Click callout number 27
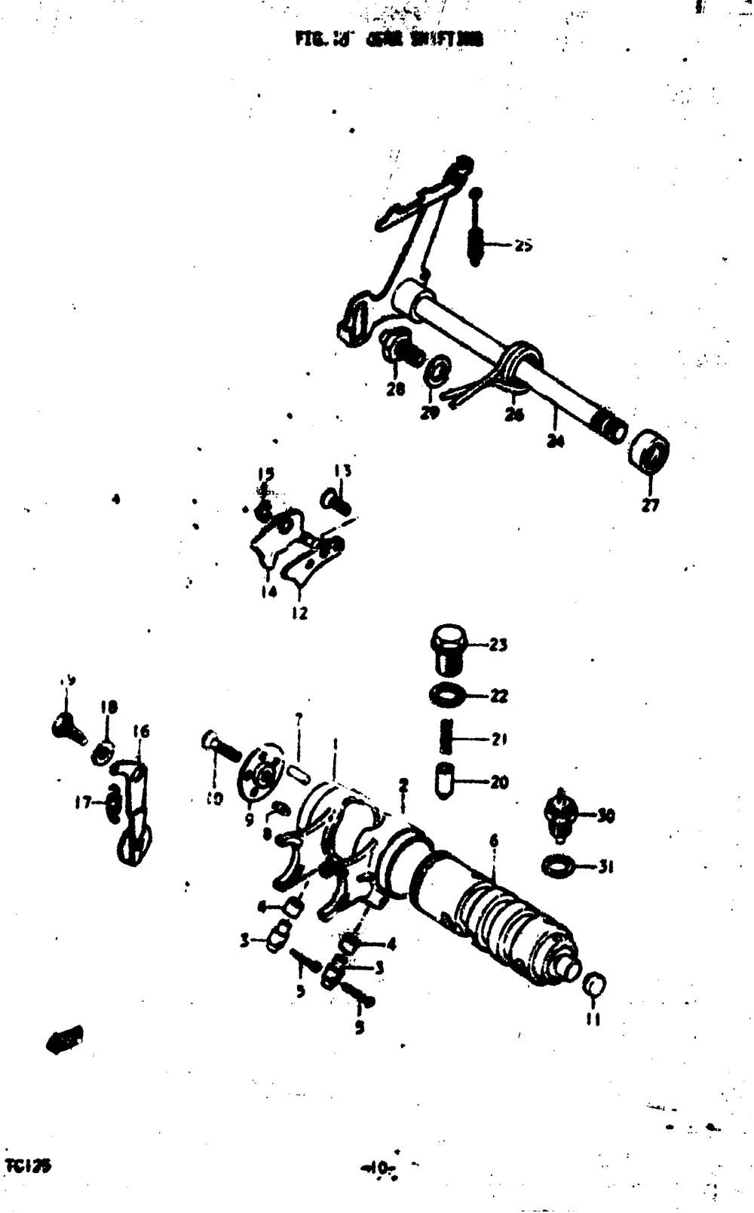tap(650, 506)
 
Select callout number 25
tap(524, 245)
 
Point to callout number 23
tap(498, 645)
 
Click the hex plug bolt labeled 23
tap(448, 648)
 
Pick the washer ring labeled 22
tap(446, 694)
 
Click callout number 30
tap(606, 815)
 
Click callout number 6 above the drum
tap(494, 841)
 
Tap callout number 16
tap(140, 731)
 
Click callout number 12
tap(299, 614)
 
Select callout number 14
tap(269, 593)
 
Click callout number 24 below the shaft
tap(556, 442)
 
